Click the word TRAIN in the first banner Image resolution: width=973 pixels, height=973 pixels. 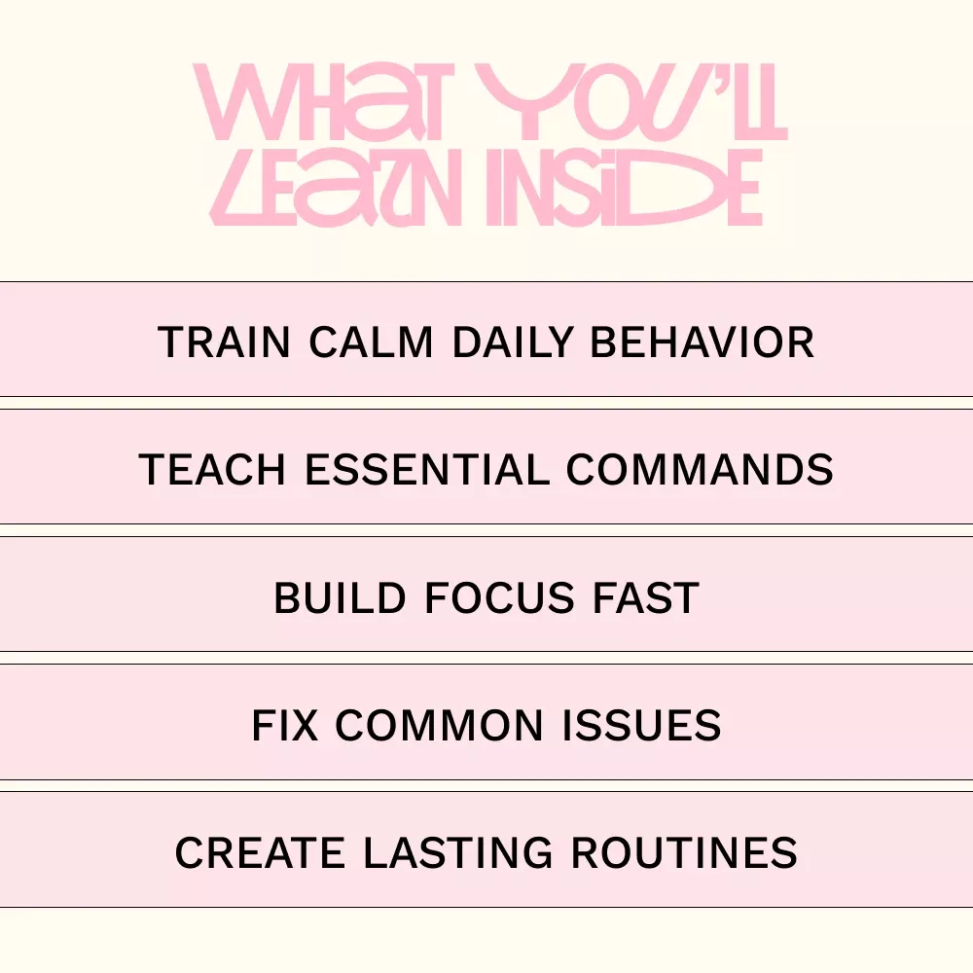(224, 342)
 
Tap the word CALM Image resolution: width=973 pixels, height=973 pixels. (371, 342)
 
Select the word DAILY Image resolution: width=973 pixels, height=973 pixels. (512, 342)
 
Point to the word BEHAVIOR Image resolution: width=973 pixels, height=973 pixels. (702, 342)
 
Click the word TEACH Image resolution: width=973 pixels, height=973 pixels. (211, 469)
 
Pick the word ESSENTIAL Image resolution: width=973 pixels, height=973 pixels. (427, 469)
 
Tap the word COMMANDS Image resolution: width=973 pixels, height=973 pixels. (700, 469)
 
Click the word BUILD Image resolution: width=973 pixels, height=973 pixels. (340, 597)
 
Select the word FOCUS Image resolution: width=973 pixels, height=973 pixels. (499, 597)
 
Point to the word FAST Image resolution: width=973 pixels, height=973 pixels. (646, 597)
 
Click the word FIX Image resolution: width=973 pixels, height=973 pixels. (285, 725)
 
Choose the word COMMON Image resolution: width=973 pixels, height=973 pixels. (440, 725)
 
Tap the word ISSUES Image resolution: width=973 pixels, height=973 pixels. (641, 725)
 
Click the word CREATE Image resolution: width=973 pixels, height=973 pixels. (260, 852)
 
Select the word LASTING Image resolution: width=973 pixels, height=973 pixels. (457, 852)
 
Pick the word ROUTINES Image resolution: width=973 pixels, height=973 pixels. (684, 852)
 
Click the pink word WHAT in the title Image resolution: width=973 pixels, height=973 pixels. (320, 102)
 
